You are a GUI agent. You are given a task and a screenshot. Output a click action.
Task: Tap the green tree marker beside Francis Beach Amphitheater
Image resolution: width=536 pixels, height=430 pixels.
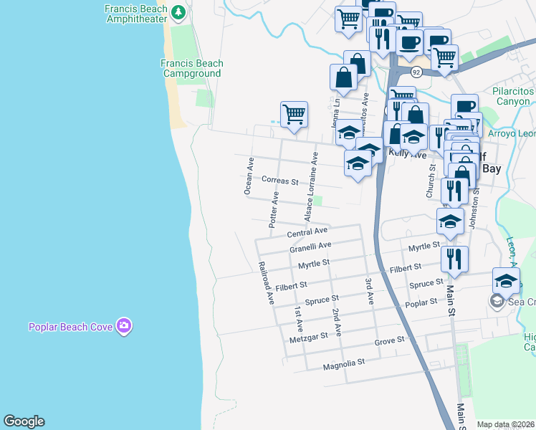coord(178,12)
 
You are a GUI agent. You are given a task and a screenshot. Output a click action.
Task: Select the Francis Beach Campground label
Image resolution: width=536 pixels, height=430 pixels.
coord(191,68)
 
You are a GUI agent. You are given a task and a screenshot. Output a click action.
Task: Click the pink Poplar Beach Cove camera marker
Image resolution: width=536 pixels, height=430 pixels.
coord(125,326)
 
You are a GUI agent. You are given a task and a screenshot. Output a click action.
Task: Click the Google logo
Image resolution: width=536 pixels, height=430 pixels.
coord(24,421)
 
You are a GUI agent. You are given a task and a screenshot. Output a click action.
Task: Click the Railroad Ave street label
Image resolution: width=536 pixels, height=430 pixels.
coord(266,283)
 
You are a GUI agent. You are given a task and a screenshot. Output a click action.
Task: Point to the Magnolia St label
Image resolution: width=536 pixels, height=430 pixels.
coord(345,363)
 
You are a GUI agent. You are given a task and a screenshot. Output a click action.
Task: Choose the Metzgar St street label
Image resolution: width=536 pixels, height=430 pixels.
coord(309,336)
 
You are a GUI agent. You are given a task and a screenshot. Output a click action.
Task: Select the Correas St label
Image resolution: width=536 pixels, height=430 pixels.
coord(279,181)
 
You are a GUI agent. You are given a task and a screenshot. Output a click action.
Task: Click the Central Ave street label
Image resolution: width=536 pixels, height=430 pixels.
coord(307,232)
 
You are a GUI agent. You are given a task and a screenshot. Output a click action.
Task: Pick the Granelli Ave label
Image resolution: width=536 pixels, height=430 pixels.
coord(310,247)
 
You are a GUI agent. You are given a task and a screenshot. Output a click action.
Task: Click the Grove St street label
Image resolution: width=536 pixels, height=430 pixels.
coord(391,340)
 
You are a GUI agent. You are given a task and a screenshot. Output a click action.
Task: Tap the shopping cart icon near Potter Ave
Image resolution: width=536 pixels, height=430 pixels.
coord(294,115)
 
